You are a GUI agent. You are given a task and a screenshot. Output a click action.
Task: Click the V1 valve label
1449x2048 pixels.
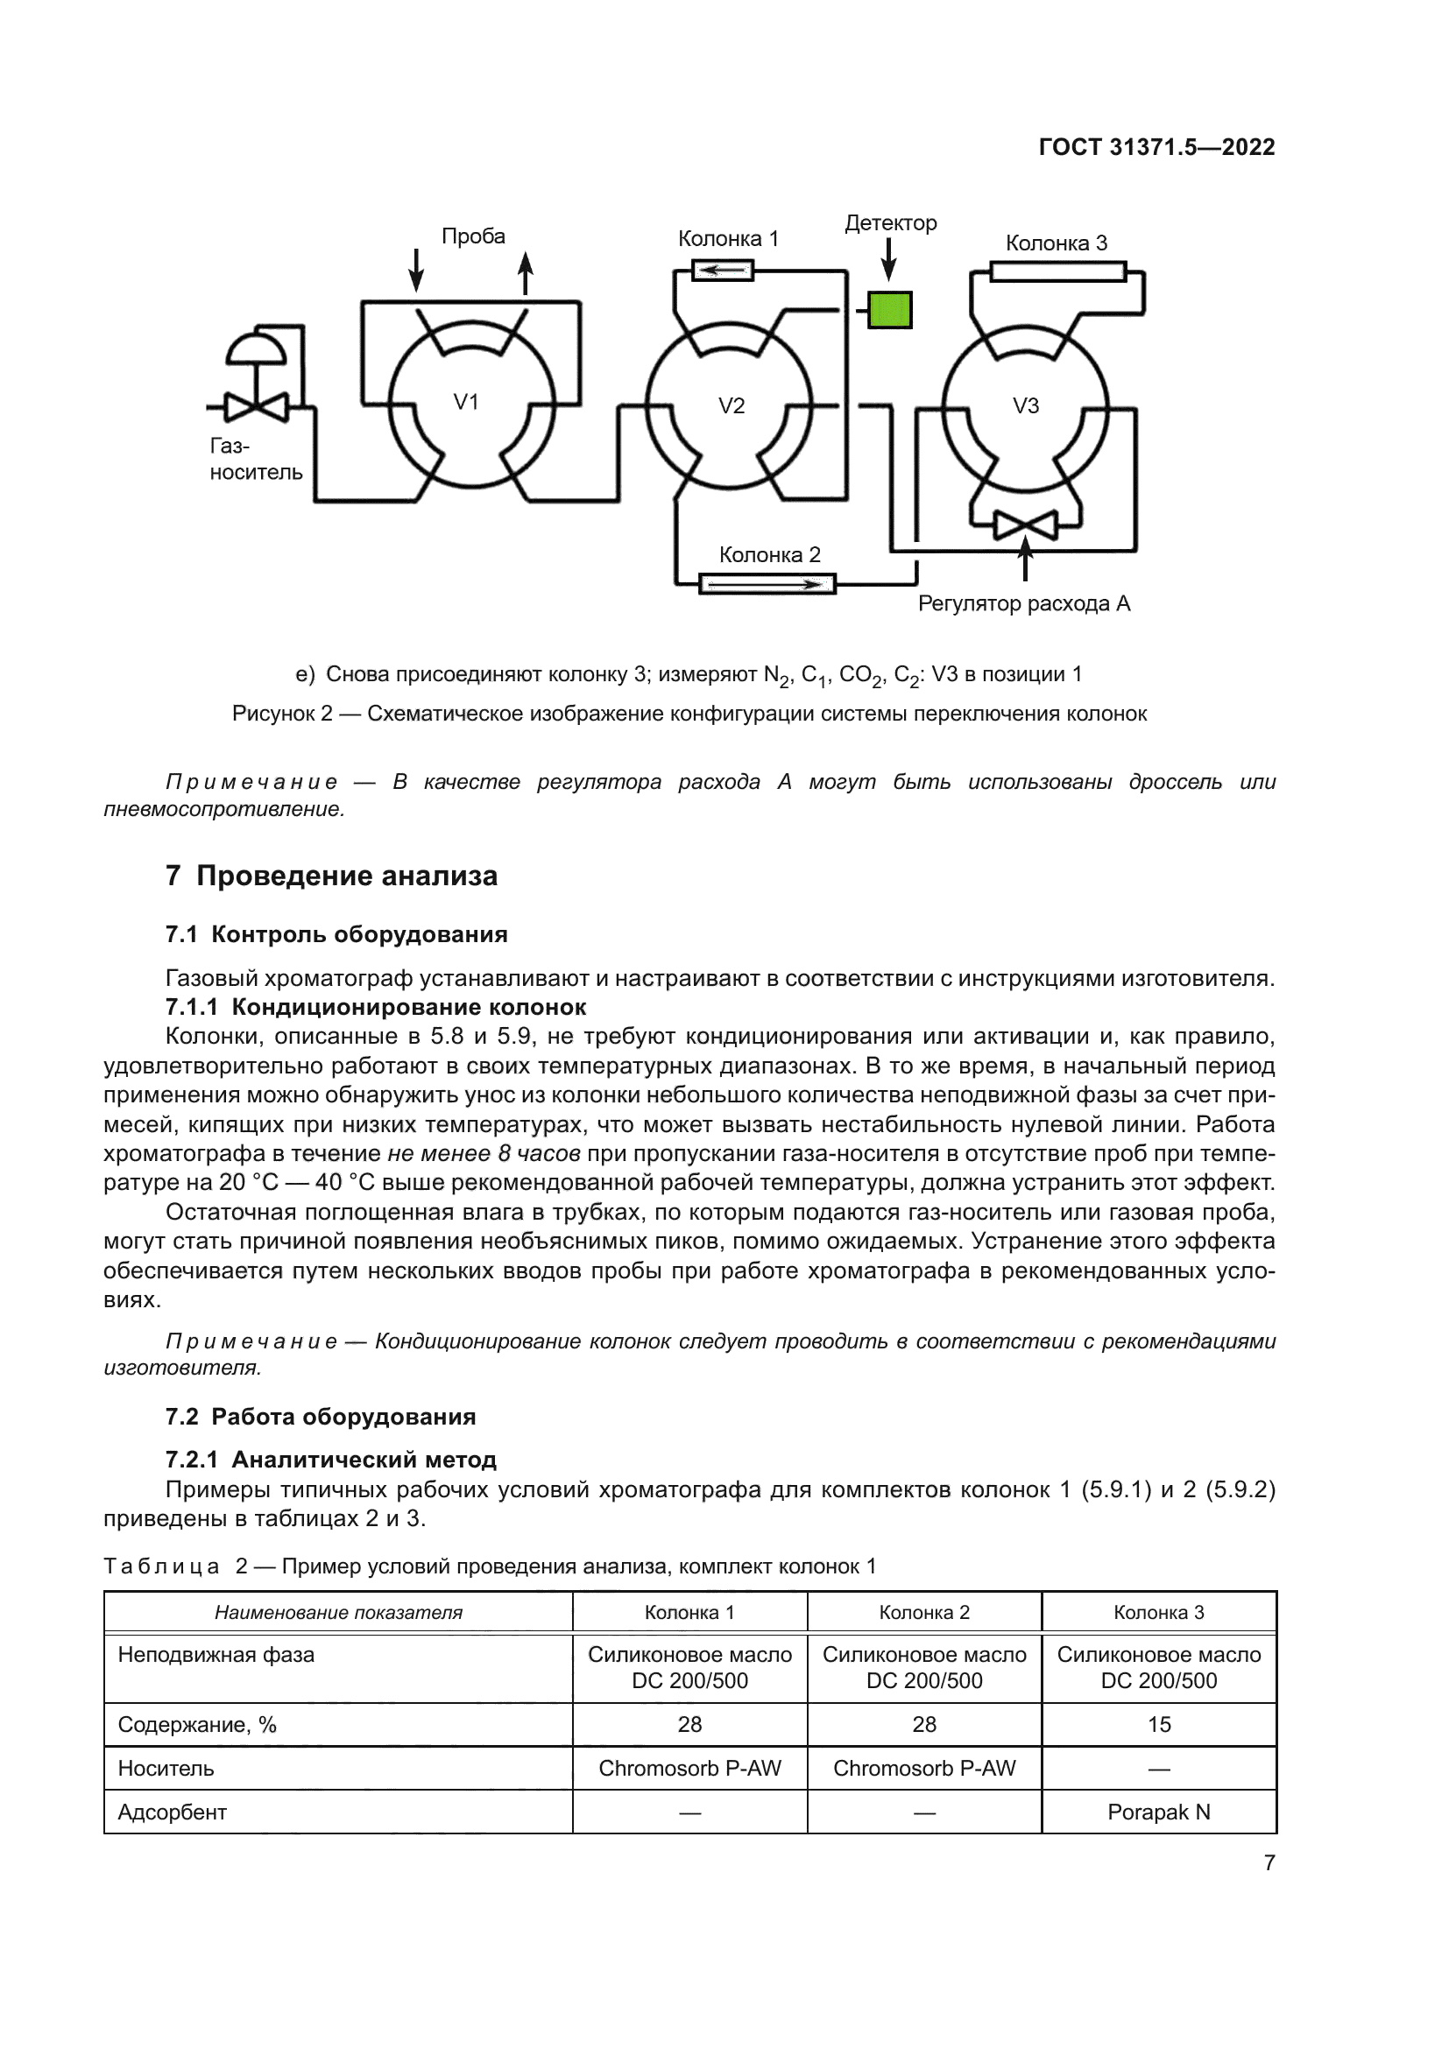tap(466, 402)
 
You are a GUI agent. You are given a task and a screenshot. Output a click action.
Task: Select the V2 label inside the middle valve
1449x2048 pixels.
tap(731, 406)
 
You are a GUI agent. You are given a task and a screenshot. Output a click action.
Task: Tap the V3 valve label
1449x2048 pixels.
tap(1025, 406)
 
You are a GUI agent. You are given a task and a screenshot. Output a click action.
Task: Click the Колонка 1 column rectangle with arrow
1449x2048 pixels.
tap(723, 270)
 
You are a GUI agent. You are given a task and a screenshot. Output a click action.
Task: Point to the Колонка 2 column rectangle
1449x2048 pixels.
tap(767, 584)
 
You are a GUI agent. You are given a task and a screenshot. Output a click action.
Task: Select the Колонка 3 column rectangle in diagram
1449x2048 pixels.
tap(1057, 271)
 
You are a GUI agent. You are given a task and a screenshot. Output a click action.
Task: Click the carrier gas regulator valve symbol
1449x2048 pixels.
tap(256, 407)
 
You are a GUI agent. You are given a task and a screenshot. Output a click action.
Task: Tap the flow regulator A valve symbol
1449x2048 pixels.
tap(1025, 524)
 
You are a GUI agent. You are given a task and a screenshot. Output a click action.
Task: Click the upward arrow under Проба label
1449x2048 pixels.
tap(526, 273)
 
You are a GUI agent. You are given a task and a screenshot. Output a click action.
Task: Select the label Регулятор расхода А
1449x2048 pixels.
tap(1023, 604)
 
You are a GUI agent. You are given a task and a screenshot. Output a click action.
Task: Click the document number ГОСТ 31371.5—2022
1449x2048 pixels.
tap(1156, 147)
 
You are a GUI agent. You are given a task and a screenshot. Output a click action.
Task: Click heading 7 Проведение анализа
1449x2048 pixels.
tap(331, 876)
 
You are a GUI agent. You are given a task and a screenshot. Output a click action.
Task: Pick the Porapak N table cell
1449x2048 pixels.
tap(1158, 1812)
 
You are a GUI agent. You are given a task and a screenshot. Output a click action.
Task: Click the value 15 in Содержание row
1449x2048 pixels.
tap(1158, 1724)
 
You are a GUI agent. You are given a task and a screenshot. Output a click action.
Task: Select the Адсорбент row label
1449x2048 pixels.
tap(173, 1812)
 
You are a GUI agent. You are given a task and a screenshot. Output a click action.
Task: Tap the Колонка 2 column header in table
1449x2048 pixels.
tap(923, 1612)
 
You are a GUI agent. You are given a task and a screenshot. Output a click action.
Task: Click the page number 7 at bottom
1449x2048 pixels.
tap(1269, 1862)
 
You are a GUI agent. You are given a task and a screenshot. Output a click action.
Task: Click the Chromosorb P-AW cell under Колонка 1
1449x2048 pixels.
tap(689, 1768)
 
